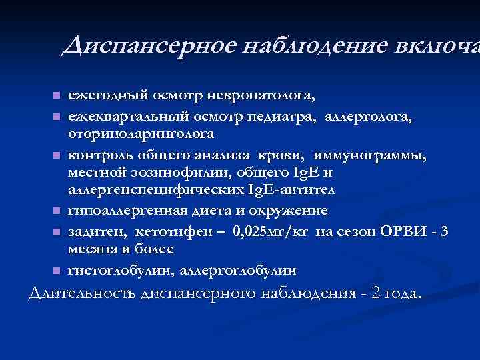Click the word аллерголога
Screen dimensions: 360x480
point(369,117)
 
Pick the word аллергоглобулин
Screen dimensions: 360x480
point(245,271)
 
